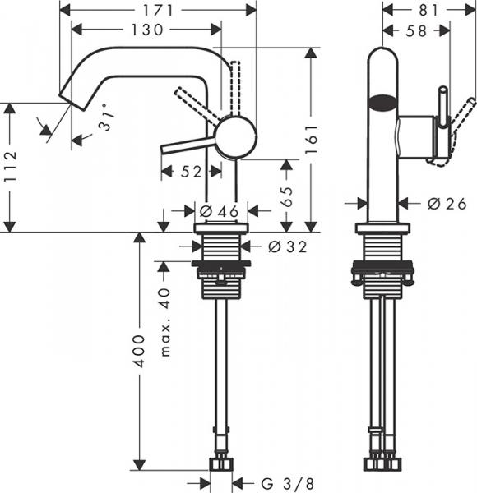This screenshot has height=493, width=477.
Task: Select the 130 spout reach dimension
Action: [146, 30]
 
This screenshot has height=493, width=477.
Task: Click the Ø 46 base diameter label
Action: [219, 212]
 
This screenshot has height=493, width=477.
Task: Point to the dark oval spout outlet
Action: [383, 104]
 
